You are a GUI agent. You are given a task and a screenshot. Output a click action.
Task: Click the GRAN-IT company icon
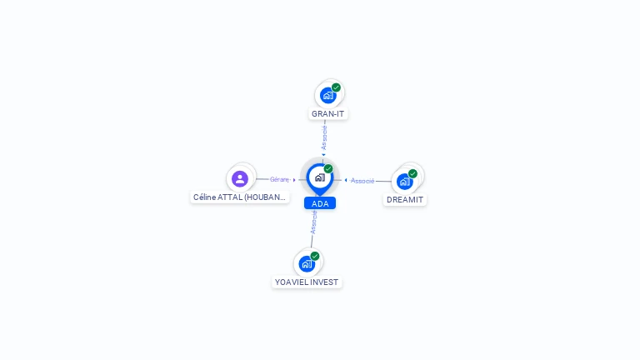(x=327, y=96)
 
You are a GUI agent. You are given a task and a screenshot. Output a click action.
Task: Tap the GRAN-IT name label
(x=327, y=114)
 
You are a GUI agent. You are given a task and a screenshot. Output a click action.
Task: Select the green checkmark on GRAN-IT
(x=336, y=87)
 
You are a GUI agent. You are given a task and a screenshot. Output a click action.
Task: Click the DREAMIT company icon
(x=404, y=182)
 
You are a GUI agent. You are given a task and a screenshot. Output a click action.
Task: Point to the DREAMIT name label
(x=405, y=200)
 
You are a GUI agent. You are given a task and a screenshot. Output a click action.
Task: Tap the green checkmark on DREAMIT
(x=412, y=173)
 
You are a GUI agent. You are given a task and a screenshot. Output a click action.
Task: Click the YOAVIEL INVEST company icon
(x=307, y=264)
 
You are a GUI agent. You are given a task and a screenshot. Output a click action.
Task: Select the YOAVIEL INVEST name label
(x=307, y=282)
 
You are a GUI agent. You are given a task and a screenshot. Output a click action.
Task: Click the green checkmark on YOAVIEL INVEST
(x=315, y=256)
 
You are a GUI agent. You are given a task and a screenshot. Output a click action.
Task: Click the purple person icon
(x=240, y=179)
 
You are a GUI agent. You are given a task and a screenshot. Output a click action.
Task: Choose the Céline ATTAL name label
(x=240, y=197)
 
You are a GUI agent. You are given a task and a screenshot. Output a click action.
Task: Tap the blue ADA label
(x=320, y=203)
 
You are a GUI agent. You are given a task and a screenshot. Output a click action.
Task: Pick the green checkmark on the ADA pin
(x=328, y=168)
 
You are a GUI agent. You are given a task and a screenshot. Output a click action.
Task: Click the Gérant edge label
(x=280, y=180)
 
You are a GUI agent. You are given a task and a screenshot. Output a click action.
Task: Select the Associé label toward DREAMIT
(x=362, y=181)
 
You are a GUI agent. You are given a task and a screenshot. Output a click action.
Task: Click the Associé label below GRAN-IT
(x=324, y=137)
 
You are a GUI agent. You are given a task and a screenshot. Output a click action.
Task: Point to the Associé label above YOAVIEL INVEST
(x=314, y=222)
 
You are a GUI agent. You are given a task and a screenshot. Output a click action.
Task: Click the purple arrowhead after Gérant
(x=294, y=180)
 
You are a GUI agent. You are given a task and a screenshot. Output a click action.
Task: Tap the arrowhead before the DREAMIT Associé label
(x=346, y=180)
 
